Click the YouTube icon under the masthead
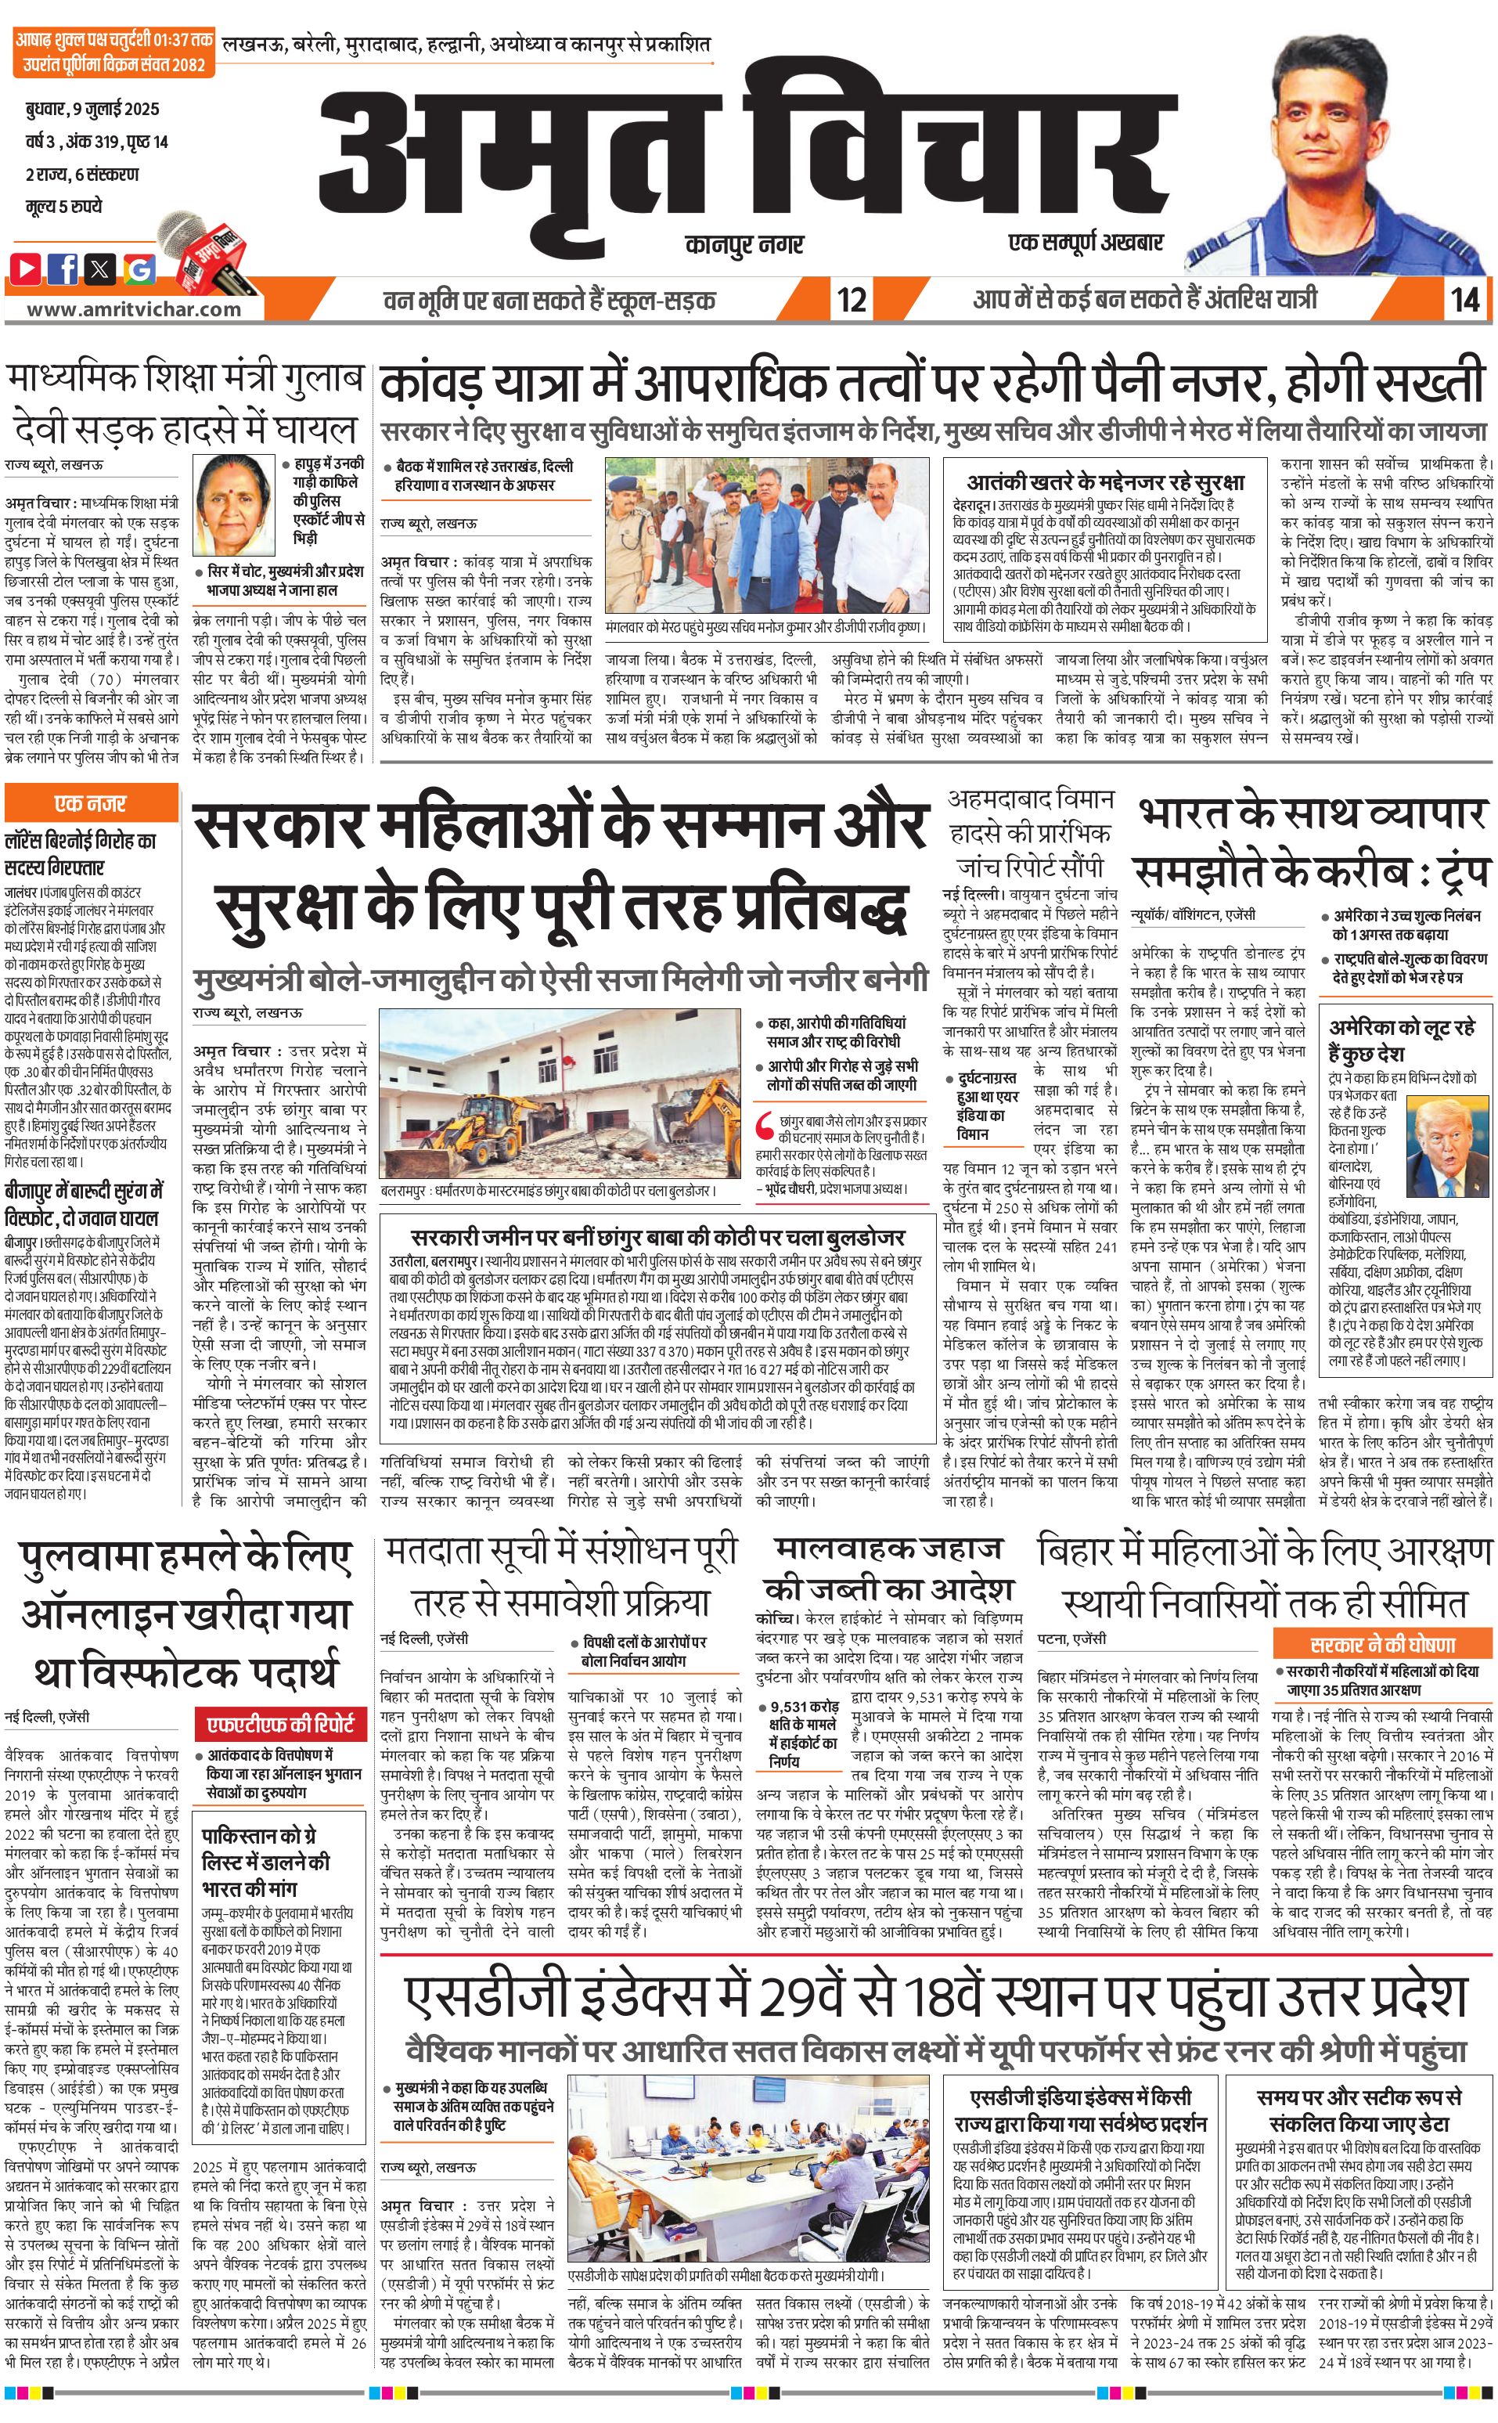tap(27, 268)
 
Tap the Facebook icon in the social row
tap(63, 268)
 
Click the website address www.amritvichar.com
tap(134, 309)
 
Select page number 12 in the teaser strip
tap(851, 299)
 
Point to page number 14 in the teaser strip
tap(1464, 299)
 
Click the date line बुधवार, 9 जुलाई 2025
tap(92, 109)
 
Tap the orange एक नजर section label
tap(90, 804)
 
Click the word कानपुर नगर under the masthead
tap(744, 243)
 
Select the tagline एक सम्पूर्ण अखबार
tap(1085, 242)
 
